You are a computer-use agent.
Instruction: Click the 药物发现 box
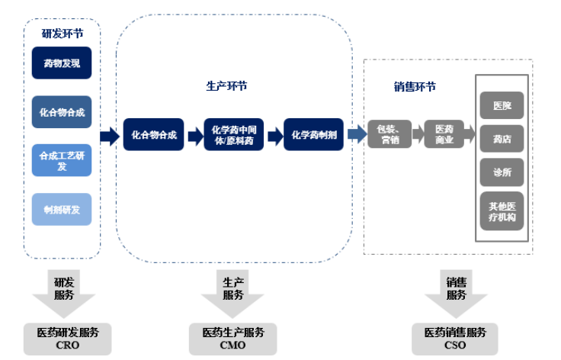coord(62,63)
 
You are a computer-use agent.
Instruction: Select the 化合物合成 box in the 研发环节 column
coord(62,111)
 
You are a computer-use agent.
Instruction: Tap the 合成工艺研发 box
coord(62,160)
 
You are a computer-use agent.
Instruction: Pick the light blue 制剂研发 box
coord(62,209)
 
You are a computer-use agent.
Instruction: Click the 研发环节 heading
coord(63,33)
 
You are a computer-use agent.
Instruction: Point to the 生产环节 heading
coord(226,86)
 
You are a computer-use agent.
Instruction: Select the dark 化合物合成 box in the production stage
coord(154,135)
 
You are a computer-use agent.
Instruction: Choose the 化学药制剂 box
coord(314,135)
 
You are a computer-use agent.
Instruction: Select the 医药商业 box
coord(444,135)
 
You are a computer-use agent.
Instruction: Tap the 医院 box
coord(502,105)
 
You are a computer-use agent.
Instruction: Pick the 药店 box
coord(502,139)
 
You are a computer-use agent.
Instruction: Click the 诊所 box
coord(502,172)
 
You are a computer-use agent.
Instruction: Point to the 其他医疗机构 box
coord(502,211)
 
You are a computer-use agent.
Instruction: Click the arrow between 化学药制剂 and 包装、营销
coord(356,135)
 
